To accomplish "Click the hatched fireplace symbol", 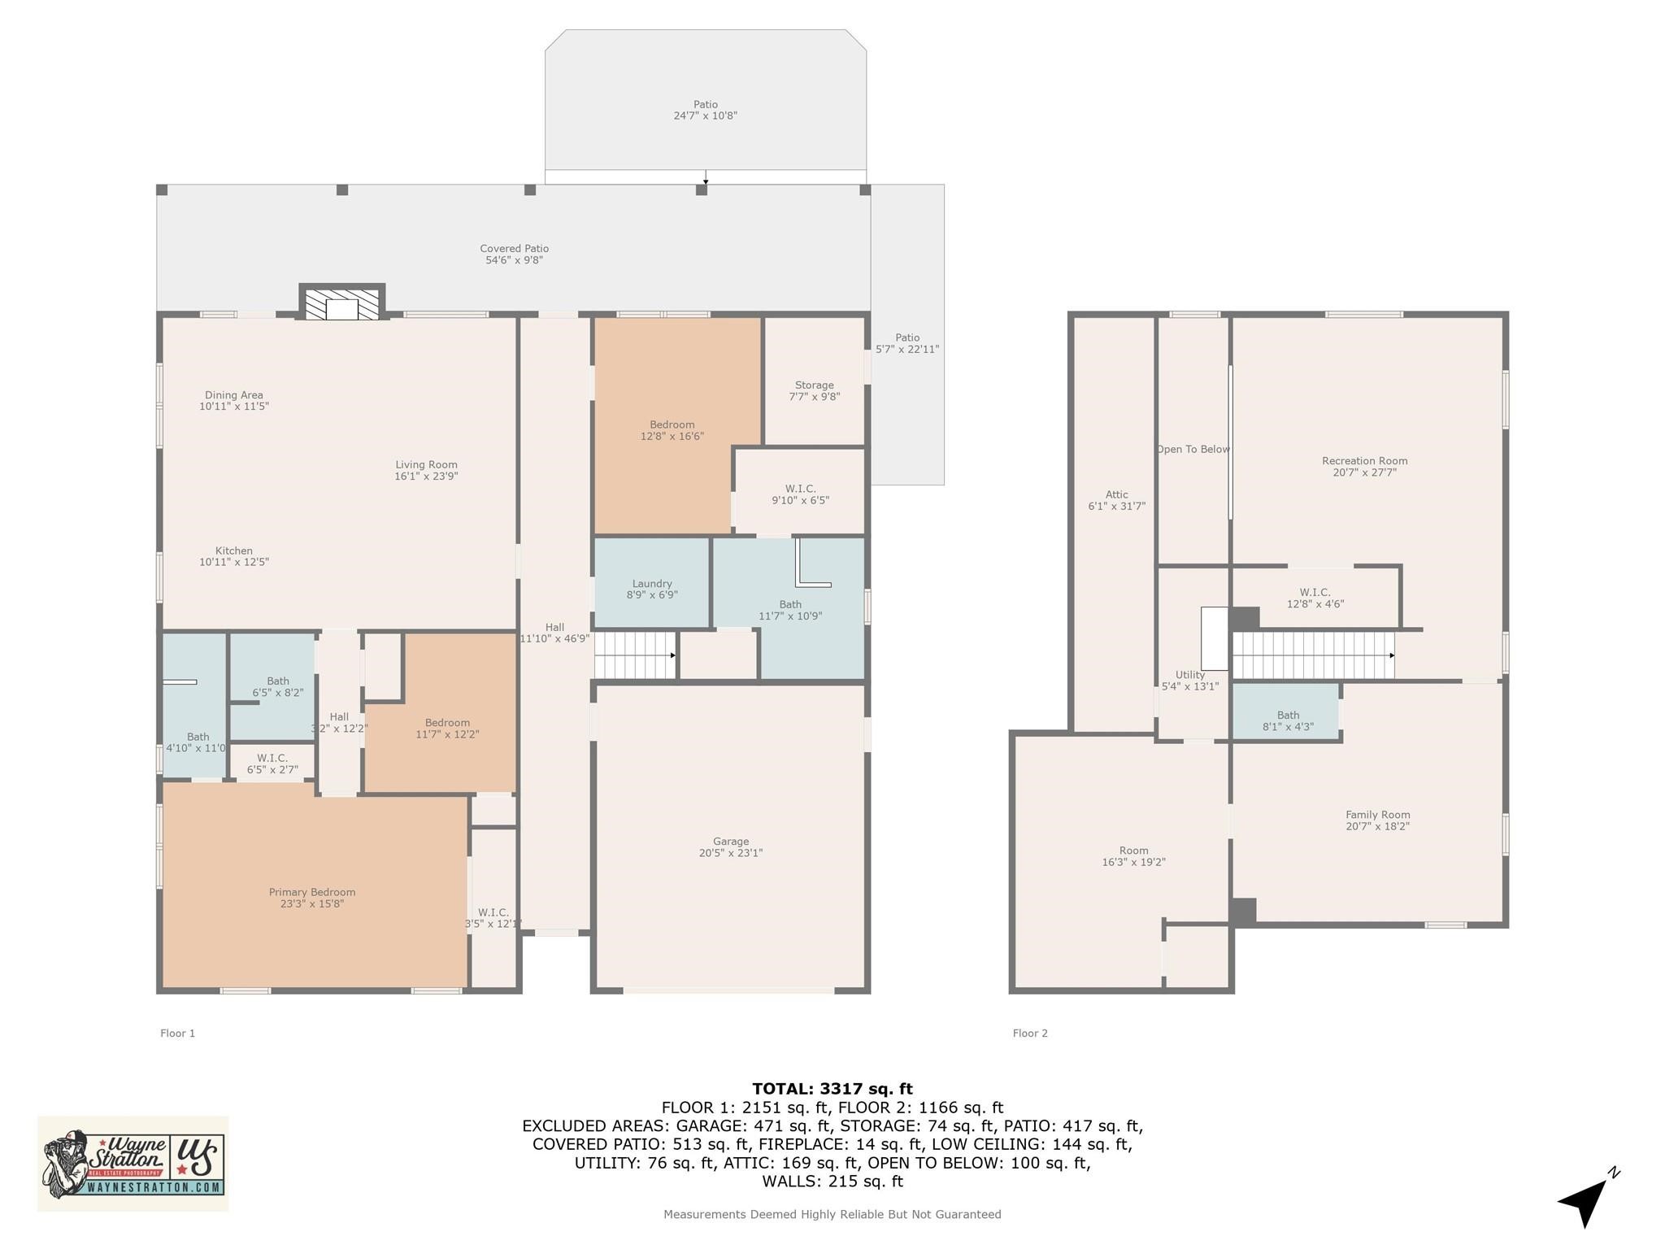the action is pyautogui.click(x=342, y=303).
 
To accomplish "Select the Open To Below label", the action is pyautogui.click(x=1193, y=449).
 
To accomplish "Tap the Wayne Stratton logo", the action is pyautogui.click(x=133, y=1164).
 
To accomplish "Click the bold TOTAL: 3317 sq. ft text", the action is pyautogui.click(x=832, y=1089).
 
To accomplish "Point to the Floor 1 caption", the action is pyautogui.click(x=177, y=1034).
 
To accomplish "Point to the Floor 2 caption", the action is pyautogui.click(x=1030, y=1034).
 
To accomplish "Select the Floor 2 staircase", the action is pyautogui.click(x=1313, y=655).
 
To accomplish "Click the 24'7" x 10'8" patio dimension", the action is pyautogui.click(x=706, y=115).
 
